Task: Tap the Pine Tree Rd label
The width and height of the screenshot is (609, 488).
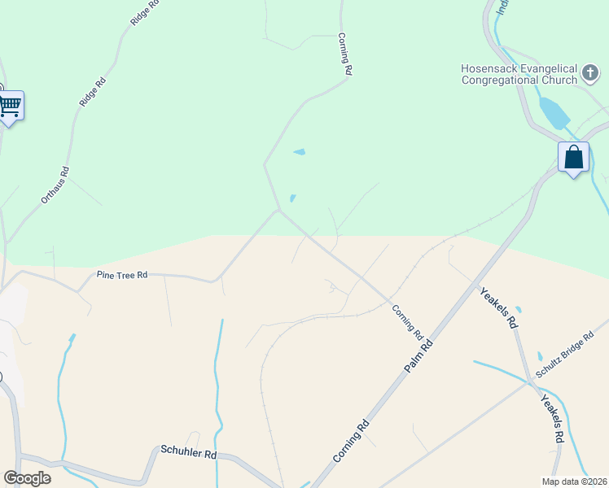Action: coord(122,275)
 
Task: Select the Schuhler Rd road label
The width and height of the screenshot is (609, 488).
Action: coord(188,451)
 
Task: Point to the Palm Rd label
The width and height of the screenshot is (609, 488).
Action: coord(419,355)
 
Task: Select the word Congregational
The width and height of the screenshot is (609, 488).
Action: coord(501,80)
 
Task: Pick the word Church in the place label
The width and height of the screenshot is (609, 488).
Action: coord(559,80)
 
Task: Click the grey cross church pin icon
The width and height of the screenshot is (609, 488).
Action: coord(591,74)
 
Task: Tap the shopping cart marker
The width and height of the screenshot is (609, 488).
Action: coord(10,106)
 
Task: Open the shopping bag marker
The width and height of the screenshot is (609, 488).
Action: coord(573,157)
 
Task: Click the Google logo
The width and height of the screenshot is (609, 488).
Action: coord(27,478)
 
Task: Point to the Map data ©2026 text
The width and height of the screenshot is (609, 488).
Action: coord(574,481)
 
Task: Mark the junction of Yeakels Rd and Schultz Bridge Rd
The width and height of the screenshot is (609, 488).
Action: coord(530,381)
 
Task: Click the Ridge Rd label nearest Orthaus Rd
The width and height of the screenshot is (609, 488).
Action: coord(94,91)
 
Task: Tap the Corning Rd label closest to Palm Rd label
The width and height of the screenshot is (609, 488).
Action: coord(408,322)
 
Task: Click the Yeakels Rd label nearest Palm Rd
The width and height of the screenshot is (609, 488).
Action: coord(498,307)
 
